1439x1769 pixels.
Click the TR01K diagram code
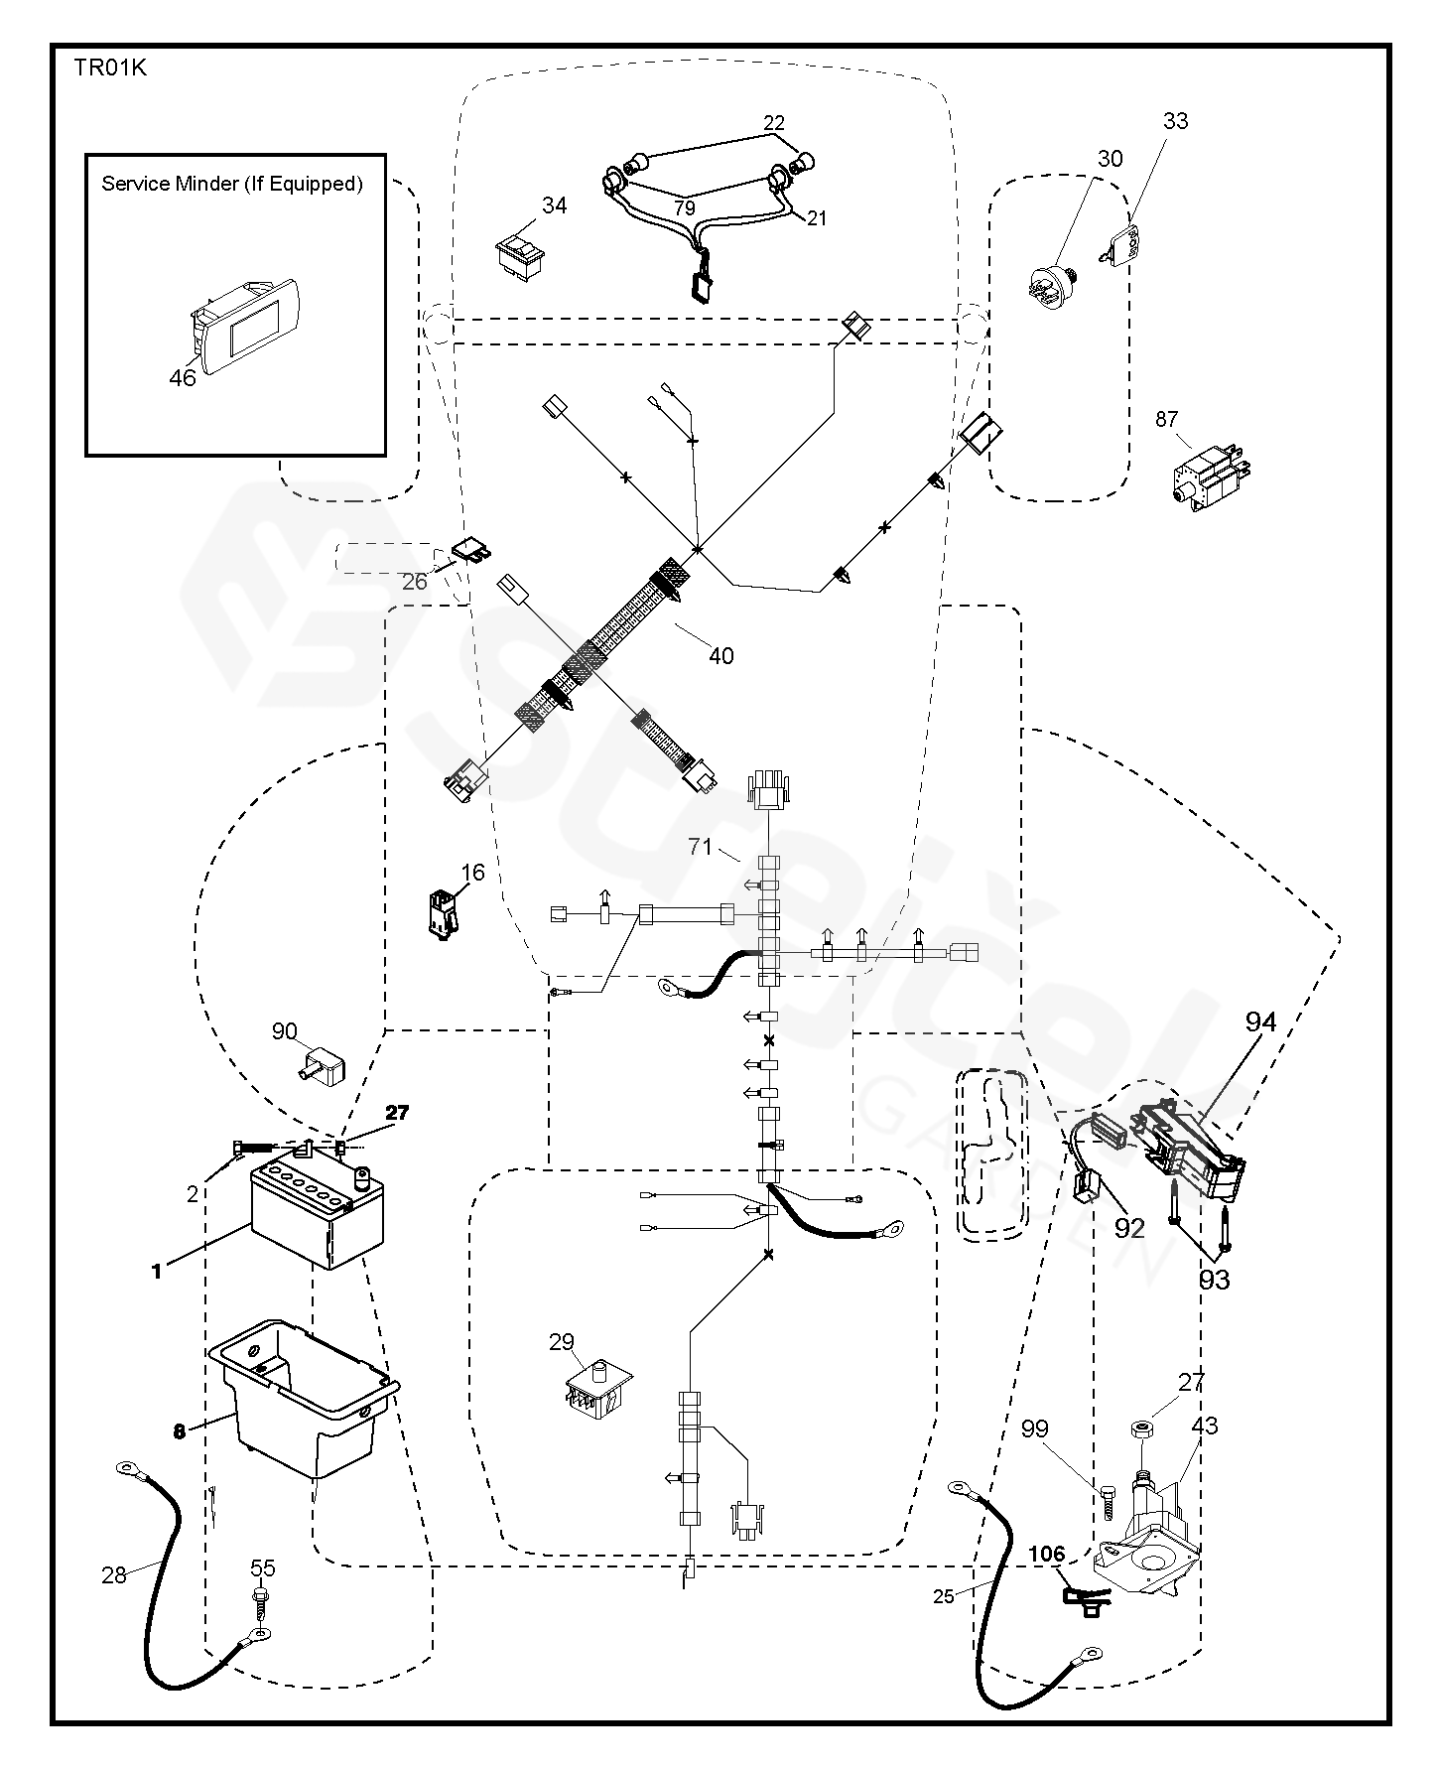click(109, 68)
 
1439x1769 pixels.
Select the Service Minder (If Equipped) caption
click(232, 184)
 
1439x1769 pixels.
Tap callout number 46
click(183, 377)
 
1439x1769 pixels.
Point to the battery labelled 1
click(316, 1213)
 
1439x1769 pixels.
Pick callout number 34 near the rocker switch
click(555, 205)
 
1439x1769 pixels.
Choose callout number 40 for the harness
click(721, 656)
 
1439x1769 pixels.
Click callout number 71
click(701, 847)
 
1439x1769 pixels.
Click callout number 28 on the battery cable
click(115, 1574)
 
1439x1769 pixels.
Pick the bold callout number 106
click(1046, 1553)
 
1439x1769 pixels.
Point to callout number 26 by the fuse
click(414, 581)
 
